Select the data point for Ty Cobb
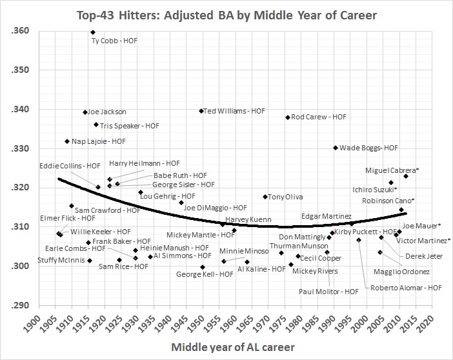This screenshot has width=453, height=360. click(93, 32)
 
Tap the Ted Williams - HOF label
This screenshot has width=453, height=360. click(234, 111)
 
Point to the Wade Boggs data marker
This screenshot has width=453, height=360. click(336, 148)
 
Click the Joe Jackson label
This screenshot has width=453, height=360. click(106, 112)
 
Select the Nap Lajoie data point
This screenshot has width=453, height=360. click(66, 141)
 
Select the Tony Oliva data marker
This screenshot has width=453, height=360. click(265, 197)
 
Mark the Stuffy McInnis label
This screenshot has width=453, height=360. click(46, 261)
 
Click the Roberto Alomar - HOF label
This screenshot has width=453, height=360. click(406, 288)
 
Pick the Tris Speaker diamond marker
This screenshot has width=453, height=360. click(96, 125)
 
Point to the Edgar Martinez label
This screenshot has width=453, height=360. click(326, 215)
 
